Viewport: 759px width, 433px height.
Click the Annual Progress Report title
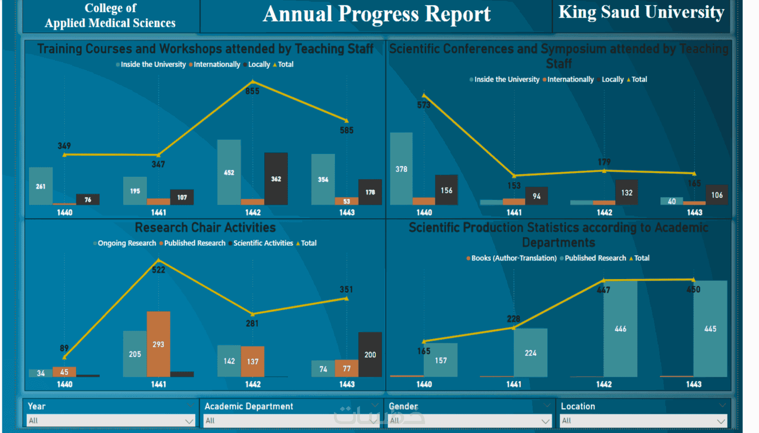pos(376,14)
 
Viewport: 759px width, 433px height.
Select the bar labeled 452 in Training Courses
pos(229,172)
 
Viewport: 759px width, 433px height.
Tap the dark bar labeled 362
pos(276,179)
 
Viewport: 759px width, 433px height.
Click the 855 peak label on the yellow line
pos(252,91)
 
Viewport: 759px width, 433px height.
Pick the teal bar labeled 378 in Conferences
pos(401,169)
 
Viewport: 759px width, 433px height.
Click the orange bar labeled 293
pos(158,344)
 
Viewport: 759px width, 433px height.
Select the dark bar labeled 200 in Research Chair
pos(370,354)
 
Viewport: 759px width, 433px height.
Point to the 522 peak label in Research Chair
pos(158,270)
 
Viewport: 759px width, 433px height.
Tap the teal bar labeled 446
pos(620,329)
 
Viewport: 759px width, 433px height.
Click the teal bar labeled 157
pos(441,360)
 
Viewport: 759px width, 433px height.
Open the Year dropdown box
pos(110,421)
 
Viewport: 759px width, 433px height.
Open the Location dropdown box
pos(643,421)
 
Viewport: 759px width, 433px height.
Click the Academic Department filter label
pos(249,406)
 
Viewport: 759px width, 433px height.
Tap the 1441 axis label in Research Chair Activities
pos(158,384)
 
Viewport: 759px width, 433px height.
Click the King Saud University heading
pos(641,12)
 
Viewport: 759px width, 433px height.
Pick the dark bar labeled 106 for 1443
pos(717,195)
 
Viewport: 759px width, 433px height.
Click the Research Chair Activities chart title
pos(205,228)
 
